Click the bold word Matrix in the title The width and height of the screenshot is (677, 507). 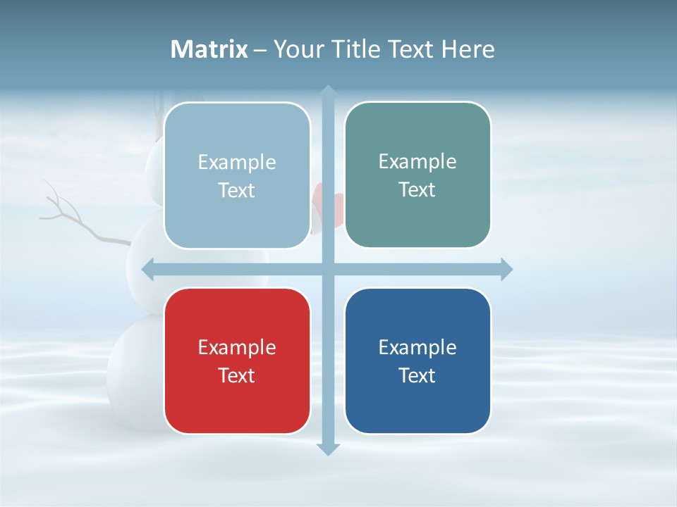point(209,49)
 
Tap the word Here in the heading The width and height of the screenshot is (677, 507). point(468,49)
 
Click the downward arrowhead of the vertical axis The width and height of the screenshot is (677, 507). point(328,449)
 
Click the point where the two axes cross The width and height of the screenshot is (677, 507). point(328,269)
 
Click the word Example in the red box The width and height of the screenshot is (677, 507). point(237,347)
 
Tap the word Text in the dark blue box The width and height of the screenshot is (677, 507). point(417,375)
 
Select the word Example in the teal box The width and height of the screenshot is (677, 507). point(417,162)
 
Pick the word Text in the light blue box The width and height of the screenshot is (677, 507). point(237,191)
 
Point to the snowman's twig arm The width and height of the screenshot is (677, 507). point(78,222)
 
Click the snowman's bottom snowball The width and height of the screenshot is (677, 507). point(134,373)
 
